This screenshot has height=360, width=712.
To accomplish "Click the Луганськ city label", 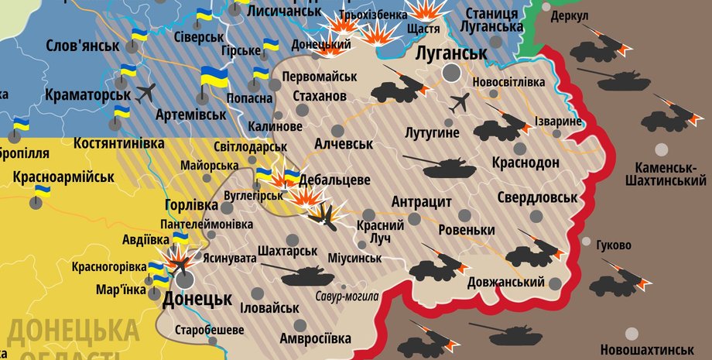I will pyautogui.click(x=450, y=53).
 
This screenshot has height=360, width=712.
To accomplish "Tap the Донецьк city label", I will pyautogui.click(x=197, y=299).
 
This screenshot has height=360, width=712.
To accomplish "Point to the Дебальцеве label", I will pyautogui.click(x=335, y=180).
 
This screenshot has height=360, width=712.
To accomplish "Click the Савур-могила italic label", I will pyautogui.click(x=347, y=296).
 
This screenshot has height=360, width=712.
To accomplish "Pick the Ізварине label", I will pyautogui.click(x=557, y=122).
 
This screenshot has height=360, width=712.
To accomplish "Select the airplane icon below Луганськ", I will pyautogui.click(x=459, y=101).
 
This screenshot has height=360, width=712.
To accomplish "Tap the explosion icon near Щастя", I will pyautogui.click(x=422, y=11).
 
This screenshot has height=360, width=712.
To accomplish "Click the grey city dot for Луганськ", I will pyautogui.click(x=451, y=73).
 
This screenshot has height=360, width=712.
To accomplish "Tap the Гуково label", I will pyautogui.click(x=614, y=245).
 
